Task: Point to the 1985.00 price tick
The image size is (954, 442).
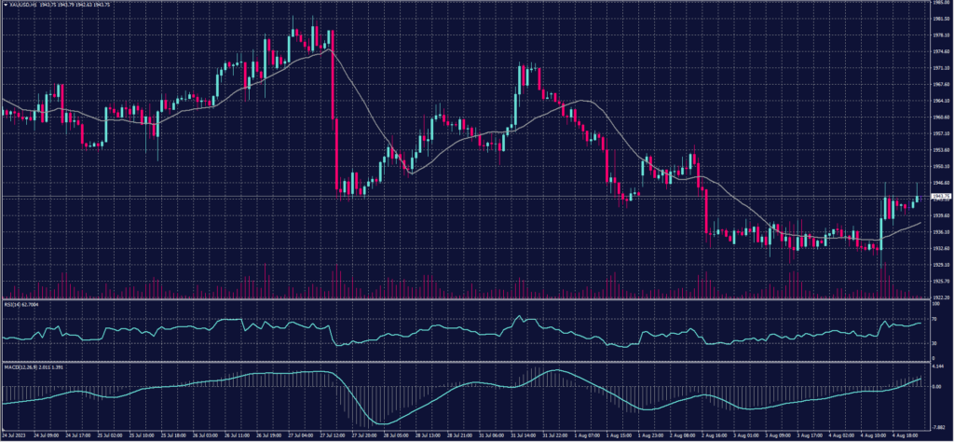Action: pyautogui.click(x=942, y=3)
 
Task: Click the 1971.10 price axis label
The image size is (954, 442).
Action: pyautogui.click(x=942, y=69)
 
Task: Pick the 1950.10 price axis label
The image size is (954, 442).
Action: pyautogui.click(x=942, y=167)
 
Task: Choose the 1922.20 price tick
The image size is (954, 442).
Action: pyautogui.click(x=942, y=297)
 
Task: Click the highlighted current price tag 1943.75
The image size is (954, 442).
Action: pyautogui.click(x=941, y=197)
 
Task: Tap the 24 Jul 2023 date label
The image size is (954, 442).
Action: pyautogui.click(x=13, y=435)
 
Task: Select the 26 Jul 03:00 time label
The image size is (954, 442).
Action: pyautogui.click(x=205, y=435)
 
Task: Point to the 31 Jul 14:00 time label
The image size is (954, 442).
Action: pyautogui.click(x=522, y=435)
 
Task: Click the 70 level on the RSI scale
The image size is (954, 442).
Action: pyautogui.click(x=936, y=320)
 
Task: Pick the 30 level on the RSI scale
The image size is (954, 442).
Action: pyautogui.click(x=936, y=343)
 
